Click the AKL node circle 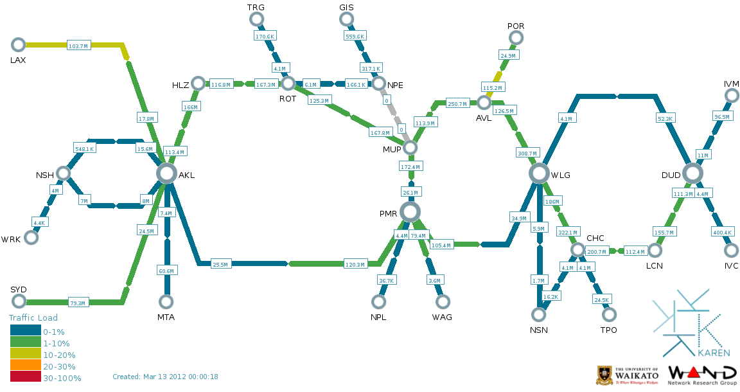tap(166, 173)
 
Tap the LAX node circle tap(19, 44)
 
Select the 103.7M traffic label tap(78, 46)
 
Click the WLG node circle tap(539, 173)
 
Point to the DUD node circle tap(692, 173)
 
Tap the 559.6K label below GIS tap(355, 37)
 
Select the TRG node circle tap(256, 19)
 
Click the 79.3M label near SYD tap(78, 302)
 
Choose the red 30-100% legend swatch tap(25, 378)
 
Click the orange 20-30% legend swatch tap(25, 366)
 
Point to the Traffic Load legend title tap(33, 317)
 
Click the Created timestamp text tap(165, 377)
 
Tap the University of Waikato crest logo tap(604, 375)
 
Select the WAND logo tap(702, 374)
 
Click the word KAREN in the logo tap(714, 353)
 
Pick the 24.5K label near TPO tap(601, 300)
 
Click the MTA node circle tap(166, 301)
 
